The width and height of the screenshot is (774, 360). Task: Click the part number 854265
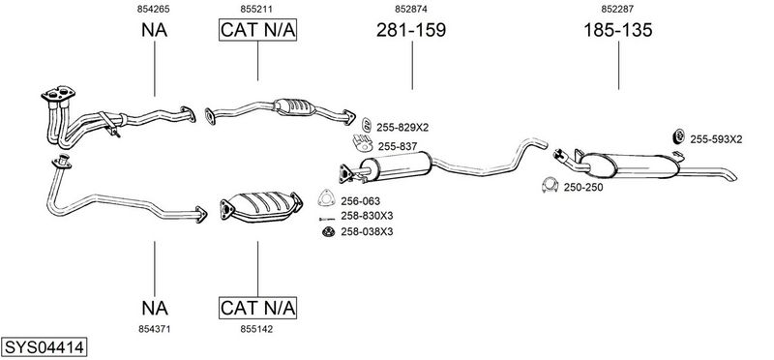[x=155, y=9]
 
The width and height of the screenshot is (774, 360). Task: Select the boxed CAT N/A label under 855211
[x=257, y=30]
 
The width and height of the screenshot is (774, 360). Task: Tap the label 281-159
[x=411, y=30]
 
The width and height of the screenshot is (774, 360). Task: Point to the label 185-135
[x=618, y=30]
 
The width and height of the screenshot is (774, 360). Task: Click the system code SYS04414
[x=44, y=347]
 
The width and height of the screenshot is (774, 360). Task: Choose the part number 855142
[x=256, y=329]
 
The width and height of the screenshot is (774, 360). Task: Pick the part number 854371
[x=155, y=329]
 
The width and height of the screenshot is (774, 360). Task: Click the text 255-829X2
[x=402, y=128]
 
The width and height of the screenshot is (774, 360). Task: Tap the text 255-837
[x=398, y=147]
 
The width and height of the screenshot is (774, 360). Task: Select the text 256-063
[x=360, y=201]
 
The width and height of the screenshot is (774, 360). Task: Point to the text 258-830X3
[x=367, y=216]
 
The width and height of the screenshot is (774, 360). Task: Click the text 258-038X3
[x=367, y=231]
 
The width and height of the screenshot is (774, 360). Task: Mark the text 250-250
[x=583, y=188]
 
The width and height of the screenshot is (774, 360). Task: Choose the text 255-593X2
[x=716, y=139]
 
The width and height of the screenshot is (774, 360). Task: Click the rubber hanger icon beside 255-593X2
[x=679, y=136]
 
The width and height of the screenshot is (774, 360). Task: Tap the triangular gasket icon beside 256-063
[x=326, y=197]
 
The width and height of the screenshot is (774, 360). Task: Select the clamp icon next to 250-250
[x=550, y=185]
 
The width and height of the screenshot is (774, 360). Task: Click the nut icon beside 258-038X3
[x=328, y=231]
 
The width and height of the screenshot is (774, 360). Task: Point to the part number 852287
[x=617, y=9]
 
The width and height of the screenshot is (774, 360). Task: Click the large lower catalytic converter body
[x=261, y=206]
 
